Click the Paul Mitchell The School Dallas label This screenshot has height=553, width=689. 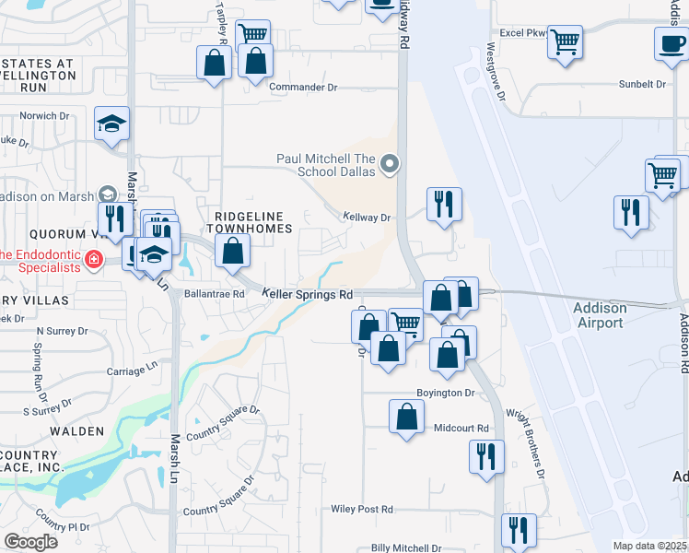click(x=326, y=165)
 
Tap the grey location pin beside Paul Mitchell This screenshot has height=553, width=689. click(x=390, y=166)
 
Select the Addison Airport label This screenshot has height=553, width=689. click(x=600, y=315)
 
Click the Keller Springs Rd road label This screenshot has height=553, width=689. click(x=308, y=294)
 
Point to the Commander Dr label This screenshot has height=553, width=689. click(x=304, y=88)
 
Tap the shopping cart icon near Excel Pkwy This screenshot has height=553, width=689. click(x=566, y=41)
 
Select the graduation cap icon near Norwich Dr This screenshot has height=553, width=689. click(x=112, y=124)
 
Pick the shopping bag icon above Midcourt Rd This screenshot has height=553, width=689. click(x=406, y=416)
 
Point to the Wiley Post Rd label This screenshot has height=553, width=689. click(x=362, y=509)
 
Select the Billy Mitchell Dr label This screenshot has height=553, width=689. click(x=405, y=547)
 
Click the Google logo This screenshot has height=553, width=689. click(x=30, y=541)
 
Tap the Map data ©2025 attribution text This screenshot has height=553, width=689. click(x=649, y=546)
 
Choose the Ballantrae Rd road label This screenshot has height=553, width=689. click(x=213, y=294)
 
